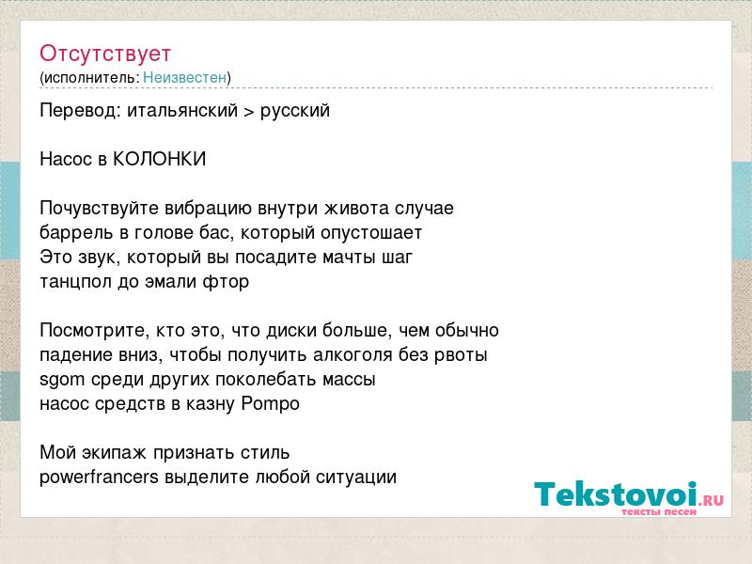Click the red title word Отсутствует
(105, 54)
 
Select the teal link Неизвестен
(184, 77)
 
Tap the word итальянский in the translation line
(182, 110)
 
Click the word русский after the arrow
(295, 111)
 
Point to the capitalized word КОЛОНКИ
(159, 159)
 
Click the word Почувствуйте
(100, 208)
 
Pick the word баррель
(77, 232)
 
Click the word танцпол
(76, 281)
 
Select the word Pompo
(271, 404)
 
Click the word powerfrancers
(99, 477)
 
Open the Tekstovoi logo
(629, 498)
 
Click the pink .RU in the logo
(712, 500)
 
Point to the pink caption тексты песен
(659, 511)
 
